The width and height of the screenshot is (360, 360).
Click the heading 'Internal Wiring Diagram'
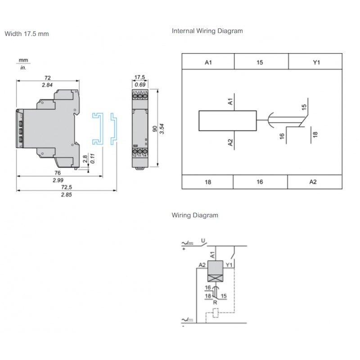tap(207, 31)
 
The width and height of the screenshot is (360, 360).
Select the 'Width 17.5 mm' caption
tap(27, 34)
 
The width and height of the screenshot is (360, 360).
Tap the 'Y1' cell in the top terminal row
tap(316, 63)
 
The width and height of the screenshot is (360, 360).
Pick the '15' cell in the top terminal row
tap(260, 63)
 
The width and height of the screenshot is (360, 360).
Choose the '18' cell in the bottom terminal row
tap(207, 182)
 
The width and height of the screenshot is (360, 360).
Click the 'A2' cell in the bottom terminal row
tap(313, 182)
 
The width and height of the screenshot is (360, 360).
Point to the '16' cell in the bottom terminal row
tap(260, 182)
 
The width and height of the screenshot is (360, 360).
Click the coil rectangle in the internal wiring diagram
tap(228, 121)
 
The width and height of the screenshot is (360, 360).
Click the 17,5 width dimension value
tap(141, 77)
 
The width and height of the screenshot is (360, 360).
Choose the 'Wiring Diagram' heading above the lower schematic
tap(195, 215)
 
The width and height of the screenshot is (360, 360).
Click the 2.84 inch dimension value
tap(47, 85)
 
